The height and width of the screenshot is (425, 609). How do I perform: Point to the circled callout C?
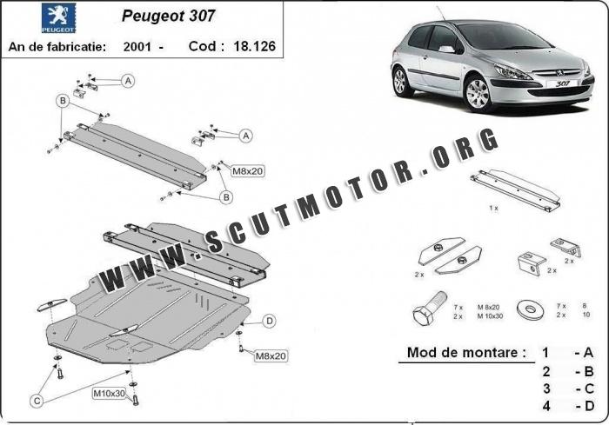click(x=36, y=401)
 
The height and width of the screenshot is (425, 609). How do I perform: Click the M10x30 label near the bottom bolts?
click(x=109, y=394)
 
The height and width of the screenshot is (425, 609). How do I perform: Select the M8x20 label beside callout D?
click(x=270, y=355)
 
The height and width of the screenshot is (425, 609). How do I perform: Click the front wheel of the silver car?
click(x=478, y=93)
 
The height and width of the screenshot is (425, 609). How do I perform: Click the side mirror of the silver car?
click(x=447, y=50)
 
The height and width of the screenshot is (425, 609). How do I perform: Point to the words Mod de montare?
click(x=466, y=353)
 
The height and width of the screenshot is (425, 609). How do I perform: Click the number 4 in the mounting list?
click(x=545, y=404)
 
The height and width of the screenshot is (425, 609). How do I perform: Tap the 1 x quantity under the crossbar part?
click(x=492, y=209)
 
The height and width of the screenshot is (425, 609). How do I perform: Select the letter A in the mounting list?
click(x=589, y=354)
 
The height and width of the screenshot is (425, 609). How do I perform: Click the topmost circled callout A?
click(x=128, y=81)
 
